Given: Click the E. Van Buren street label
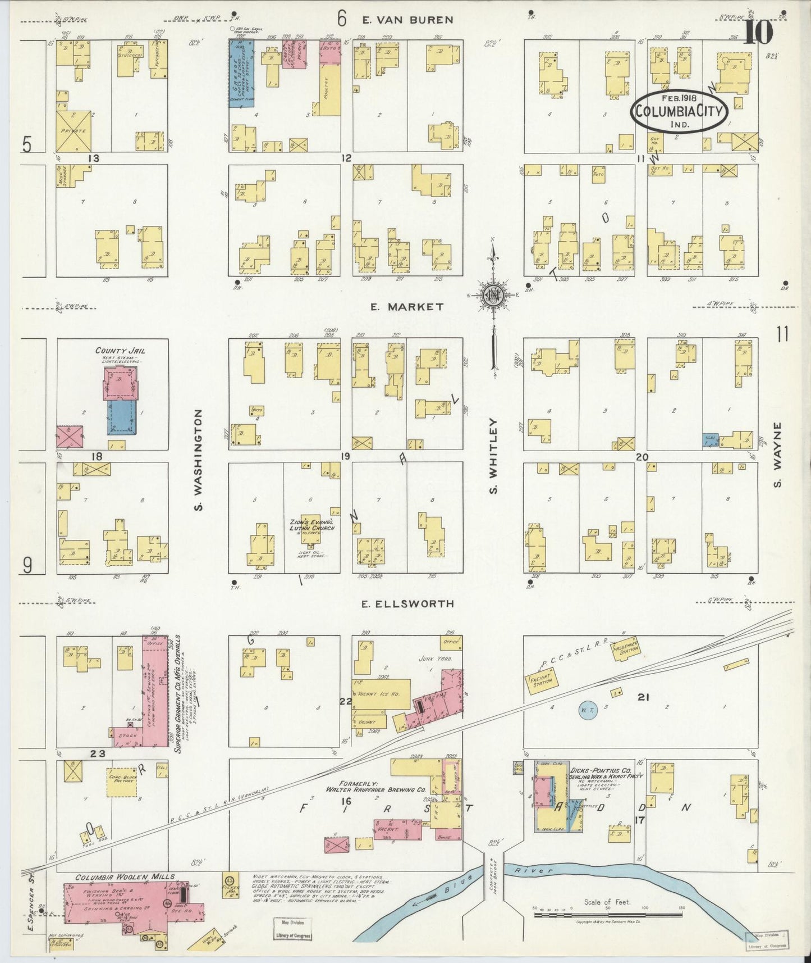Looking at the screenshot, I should [x=407, y=20].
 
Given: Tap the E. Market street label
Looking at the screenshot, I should [x=407, y=307].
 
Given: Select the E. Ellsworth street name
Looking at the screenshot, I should [x=407, y=604].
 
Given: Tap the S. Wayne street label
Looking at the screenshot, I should [x=778, y=455].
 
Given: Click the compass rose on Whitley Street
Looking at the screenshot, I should [x=493, y=295].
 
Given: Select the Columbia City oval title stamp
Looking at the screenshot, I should [x=680, y=111].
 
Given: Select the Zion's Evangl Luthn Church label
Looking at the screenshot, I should [x=311, y=525].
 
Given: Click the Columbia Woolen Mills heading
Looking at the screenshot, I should [x=125, y=876].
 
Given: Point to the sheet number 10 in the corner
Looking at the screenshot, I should [x=758, y=33].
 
